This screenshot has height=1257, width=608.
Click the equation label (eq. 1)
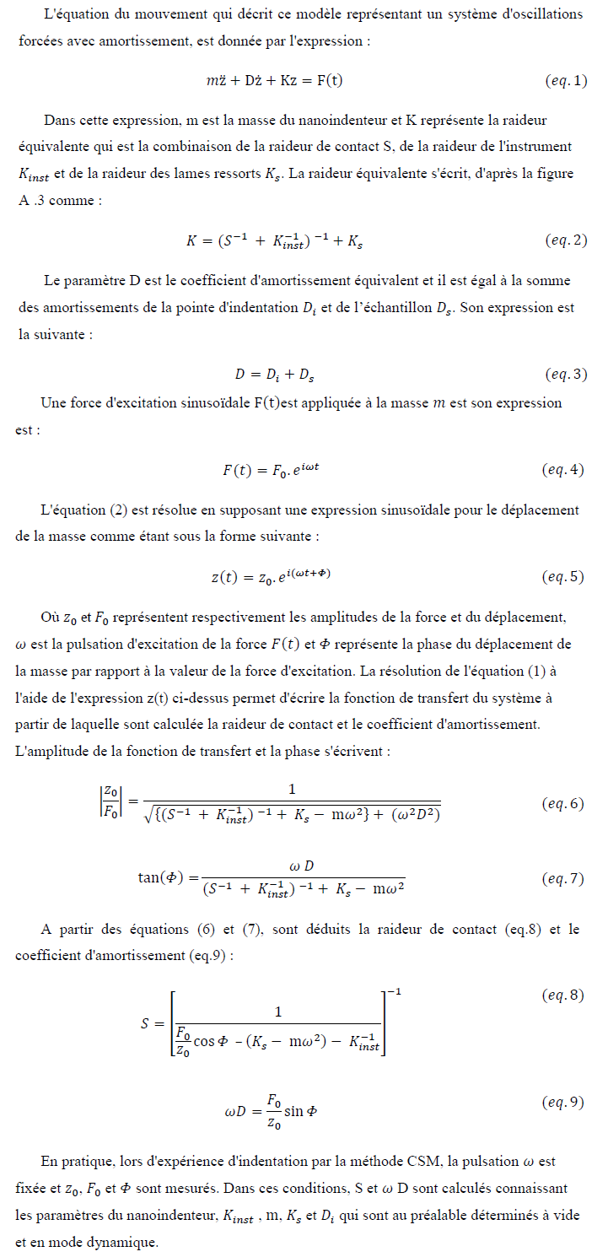tap(565, 82)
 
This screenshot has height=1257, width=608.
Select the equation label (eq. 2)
tap(565, 241)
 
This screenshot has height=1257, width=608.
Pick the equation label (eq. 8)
tap(562, 995)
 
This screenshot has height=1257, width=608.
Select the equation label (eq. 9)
tap(562, 1103)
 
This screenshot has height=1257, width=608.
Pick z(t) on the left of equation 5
tap(226, 577)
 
